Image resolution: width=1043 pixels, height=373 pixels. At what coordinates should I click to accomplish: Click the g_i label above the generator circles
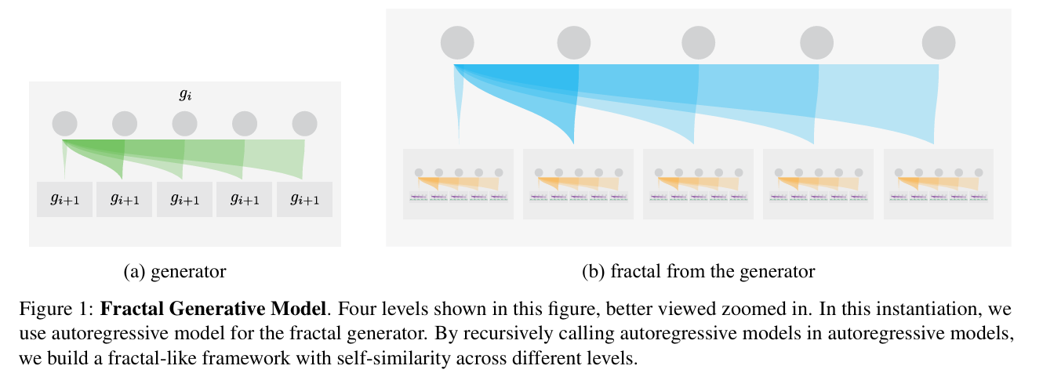(x=185, y=96)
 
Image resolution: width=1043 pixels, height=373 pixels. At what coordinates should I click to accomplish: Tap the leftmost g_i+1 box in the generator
(x=65, y=199)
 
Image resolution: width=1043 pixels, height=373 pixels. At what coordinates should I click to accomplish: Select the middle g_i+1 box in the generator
(x=185, y=199)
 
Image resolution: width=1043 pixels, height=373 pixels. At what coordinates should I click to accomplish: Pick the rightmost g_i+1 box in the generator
(x=305, y=199)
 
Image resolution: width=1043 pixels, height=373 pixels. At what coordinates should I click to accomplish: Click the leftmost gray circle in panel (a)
(x=65, y=124)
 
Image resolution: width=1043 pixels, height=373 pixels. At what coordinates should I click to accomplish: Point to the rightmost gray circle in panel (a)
(x=305, y=124)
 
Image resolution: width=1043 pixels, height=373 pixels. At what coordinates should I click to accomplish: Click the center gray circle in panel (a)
(x=185, y=124)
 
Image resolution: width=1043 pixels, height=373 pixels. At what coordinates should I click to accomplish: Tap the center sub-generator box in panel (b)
(x=699, y=184)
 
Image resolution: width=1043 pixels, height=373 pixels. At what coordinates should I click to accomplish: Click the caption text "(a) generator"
(x=175, y=272)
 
